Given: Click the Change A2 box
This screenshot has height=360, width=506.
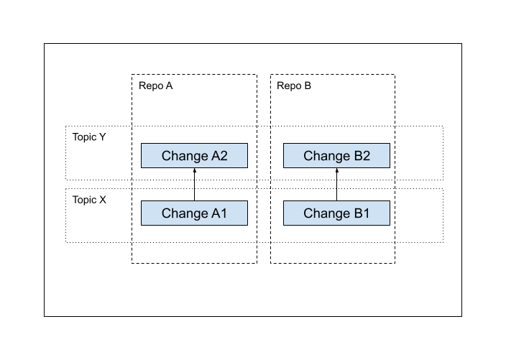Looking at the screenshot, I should (194, 156).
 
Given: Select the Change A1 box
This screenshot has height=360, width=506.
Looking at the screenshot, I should (194, 213).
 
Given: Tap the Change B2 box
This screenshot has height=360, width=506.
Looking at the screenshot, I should (336, 156).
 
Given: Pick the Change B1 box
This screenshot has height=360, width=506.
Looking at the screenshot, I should (336, 213).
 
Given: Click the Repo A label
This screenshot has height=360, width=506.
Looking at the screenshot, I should (155, 86).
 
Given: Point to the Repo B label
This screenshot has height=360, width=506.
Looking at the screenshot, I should (294, 86).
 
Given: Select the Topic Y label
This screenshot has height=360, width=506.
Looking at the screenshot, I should (89, 137).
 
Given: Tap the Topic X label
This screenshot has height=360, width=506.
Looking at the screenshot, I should (89, 199).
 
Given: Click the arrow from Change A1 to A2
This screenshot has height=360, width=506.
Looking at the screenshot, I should (194, 186).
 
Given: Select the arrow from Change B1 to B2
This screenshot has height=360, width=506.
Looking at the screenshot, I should (336, 186).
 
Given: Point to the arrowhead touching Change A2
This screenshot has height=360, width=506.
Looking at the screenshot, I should (194, 171).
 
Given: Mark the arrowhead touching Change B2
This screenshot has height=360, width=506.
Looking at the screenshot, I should (336, 171).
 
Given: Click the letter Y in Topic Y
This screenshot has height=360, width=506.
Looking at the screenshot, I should (103, 137).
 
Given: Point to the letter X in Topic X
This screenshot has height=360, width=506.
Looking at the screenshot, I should (103, 199).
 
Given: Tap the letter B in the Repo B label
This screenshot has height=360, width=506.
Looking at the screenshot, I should (308, 86).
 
